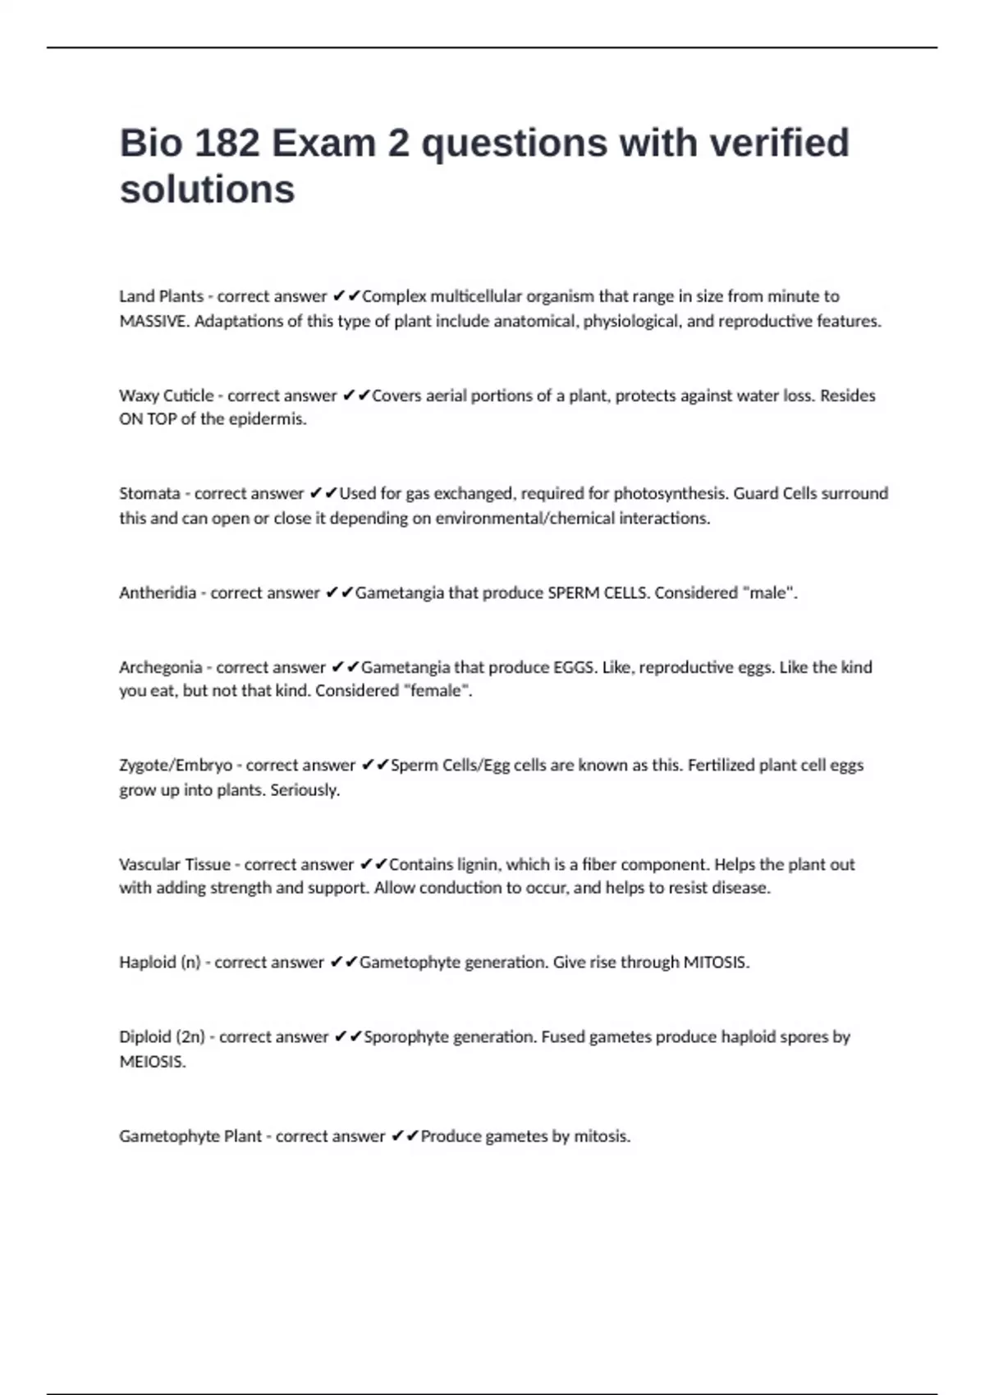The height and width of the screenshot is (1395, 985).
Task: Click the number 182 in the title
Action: [227, 144]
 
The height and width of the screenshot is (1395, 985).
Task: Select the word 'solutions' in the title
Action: [207, 190]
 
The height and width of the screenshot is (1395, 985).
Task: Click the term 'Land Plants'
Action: [161, 296]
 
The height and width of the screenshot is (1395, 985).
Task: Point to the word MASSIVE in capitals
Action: [153, 321]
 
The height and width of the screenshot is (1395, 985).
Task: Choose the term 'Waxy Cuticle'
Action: [166, 396]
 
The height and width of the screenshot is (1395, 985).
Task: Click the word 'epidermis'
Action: [266, 419]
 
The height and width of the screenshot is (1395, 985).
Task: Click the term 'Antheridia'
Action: [158, 592]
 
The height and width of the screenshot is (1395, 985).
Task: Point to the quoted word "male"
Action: [769, 592]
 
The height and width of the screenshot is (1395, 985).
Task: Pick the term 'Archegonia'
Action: [160, 667]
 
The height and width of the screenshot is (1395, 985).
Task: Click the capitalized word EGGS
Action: [574, 667]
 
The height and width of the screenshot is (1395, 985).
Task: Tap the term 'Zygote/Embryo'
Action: [176, 765]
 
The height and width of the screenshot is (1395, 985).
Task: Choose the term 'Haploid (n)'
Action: [159, 962]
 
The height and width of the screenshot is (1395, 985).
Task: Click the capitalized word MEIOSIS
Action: [152, 1062]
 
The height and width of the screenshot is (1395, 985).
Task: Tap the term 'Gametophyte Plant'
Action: [190, 1137]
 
